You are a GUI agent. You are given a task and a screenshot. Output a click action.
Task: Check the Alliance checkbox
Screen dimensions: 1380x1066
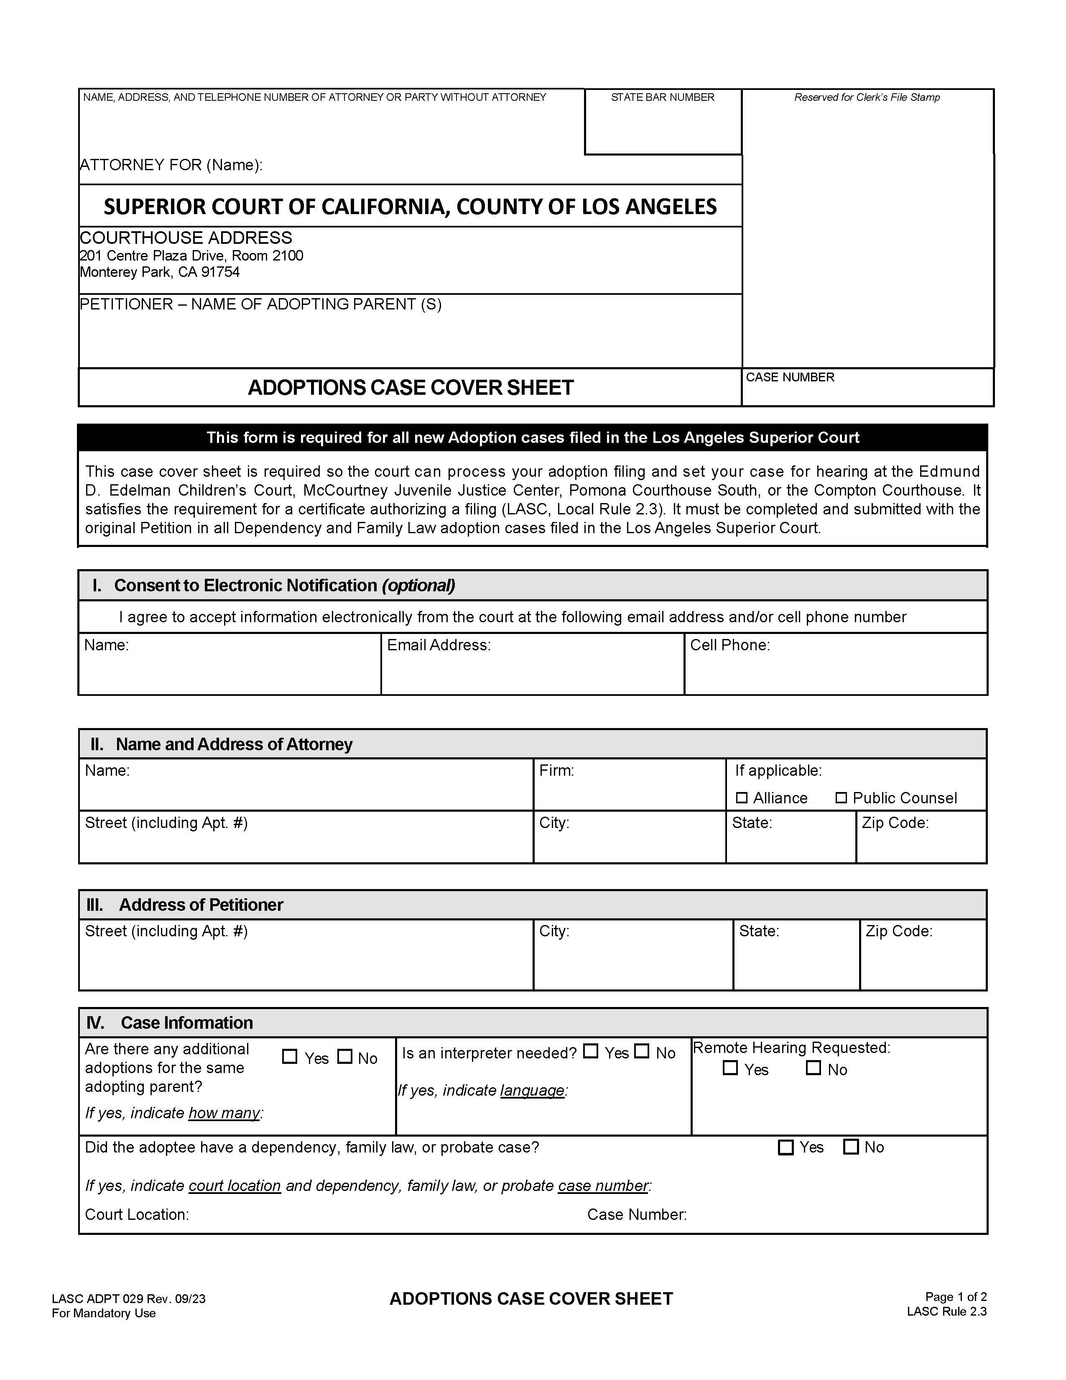tap(742, 798)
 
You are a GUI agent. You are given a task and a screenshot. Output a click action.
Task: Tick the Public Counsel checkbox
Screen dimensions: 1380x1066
tap(841, 798)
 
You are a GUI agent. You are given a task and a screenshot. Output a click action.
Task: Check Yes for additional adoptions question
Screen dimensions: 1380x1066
tap(289, 1056)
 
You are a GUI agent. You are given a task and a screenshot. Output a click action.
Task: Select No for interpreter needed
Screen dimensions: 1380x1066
tap(642, 1051)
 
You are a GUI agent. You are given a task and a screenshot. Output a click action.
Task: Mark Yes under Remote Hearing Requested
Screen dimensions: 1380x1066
tap(730, 1068)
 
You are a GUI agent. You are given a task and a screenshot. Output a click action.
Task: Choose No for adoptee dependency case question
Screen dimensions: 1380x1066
tap(851, 1147)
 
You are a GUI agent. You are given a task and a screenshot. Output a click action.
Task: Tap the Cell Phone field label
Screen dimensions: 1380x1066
tap(729, 645)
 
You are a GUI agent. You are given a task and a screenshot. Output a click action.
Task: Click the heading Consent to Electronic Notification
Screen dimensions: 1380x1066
tap(284, 586)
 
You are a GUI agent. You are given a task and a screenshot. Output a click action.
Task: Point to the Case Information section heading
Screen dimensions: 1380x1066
tap(186, 1023)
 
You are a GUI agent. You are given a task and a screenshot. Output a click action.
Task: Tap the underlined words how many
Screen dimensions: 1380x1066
tap(224, 1113)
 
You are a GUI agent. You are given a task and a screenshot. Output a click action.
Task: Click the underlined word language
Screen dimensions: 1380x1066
tap(532, 1091)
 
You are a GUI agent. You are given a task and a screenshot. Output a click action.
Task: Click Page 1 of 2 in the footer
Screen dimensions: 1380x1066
tap(956, 1297)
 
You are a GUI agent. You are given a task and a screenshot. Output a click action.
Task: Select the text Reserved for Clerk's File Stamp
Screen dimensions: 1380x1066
tap(867, 97)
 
